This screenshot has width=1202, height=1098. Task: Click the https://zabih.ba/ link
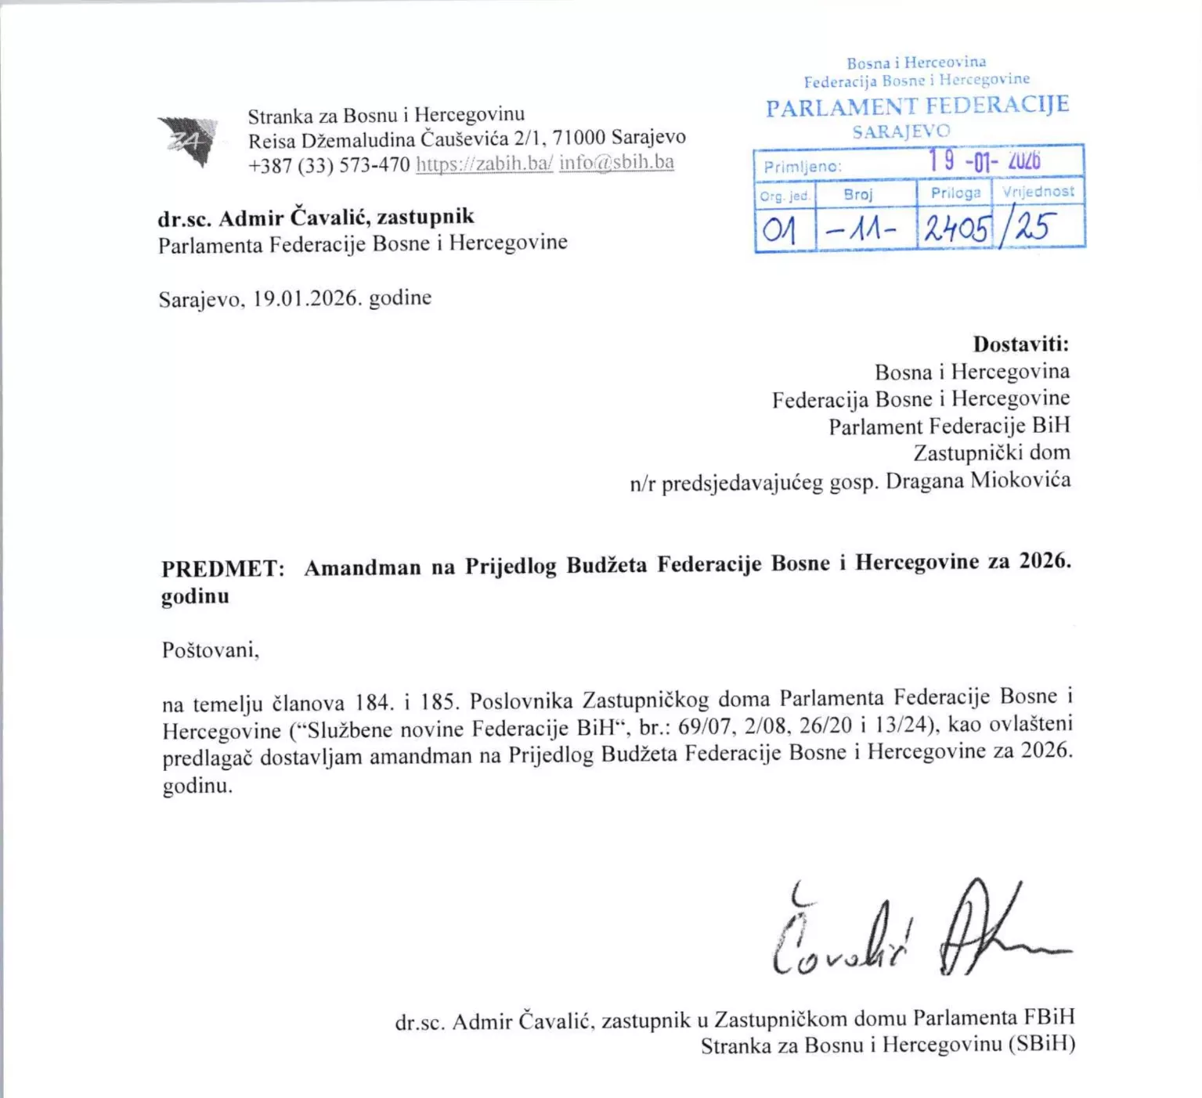tap(484, 164)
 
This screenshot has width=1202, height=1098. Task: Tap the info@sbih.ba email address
tap(616, 162)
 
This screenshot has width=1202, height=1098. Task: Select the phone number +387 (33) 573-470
tap(329, 165)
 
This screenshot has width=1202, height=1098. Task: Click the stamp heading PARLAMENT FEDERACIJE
tap(917, 106)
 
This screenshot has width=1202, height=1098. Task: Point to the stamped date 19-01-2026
tap(984, 161)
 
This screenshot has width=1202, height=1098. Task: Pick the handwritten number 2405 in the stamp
tap(956, 229)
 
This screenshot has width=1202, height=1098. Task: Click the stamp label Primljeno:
tap(803, 167)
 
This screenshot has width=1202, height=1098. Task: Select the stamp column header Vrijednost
tap(1038, 191)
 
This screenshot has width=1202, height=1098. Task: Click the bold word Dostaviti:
tap(1021, 344)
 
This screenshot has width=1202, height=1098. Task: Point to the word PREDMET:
tap(223, 568)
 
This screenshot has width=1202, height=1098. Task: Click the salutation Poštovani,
tap(211, 650)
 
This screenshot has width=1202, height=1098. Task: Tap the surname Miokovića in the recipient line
tap(1020, 479)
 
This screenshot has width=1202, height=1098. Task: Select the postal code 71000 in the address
tap(579, 138)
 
